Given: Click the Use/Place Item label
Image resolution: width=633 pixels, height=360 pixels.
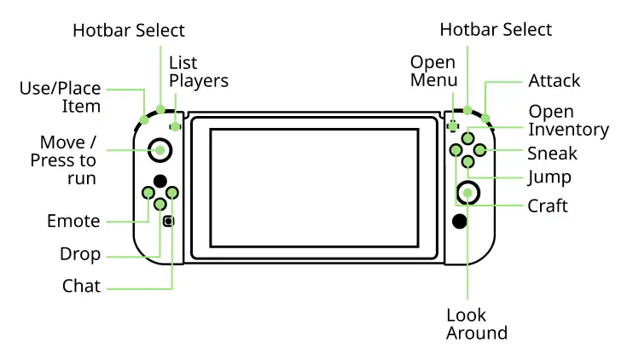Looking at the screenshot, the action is (x=61, y=97).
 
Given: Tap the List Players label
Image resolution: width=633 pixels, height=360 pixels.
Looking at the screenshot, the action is (x=199, y=72).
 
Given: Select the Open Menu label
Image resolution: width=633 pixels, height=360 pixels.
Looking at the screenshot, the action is (x=433, y=71).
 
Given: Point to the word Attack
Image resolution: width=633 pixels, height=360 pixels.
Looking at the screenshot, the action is (x=554, y=81).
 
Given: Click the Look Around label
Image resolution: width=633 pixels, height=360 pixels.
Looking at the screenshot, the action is (x=477, y=324).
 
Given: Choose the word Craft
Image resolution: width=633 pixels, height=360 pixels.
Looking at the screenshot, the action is (x=548, y=206).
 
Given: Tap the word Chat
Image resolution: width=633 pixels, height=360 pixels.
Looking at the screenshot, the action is (x=81, y=286).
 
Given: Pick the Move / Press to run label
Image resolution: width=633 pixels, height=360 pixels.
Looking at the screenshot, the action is (x=63, y=160).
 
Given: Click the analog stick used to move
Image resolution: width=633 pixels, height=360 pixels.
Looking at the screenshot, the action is (x=160, y=150).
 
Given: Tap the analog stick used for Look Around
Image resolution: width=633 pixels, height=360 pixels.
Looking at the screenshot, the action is (x=467, y=193).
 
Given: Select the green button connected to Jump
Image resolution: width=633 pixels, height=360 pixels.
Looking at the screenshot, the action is (x=467, y=162).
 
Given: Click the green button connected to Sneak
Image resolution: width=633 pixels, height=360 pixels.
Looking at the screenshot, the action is (x=479, y=150).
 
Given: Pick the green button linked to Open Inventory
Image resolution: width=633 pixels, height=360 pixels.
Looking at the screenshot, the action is (x=467, y=138).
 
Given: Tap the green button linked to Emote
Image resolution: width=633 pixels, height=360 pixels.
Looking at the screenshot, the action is (x=148, y=193).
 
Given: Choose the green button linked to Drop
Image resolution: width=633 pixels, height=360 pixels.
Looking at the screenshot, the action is (x=160, y=205).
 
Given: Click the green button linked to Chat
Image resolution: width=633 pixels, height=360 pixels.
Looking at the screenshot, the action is (x=172, y=193).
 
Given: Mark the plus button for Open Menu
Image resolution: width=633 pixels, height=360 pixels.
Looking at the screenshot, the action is (x=453, y=126).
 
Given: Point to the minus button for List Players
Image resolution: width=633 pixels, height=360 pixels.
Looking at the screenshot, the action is (x=175, y=127).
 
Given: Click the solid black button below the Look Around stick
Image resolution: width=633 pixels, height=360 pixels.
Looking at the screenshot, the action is (x=460, y=221).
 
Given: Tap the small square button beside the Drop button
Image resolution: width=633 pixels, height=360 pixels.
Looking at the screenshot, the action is (x=168, y=221).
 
